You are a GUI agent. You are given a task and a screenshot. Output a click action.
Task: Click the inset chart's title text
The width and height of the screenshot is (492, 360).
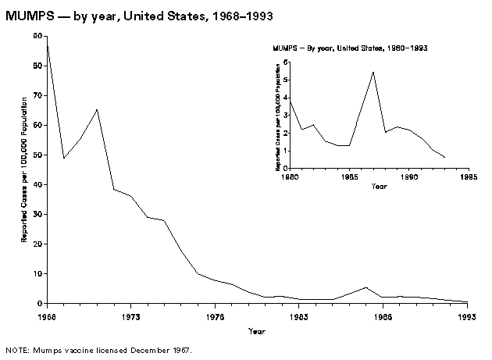(x=349, y=48)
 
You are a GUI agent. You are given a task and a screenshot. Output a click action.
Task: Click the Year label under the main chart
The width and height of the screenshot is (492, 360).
(x=257, y=331)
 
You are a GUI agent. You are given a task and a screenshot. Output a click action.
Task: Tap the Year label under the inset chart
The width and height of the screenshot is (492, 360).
(x=379, y=187)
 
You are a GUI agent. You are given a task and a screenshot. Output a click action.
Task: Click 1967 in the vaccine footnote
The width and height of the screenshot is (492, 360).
(x=179, y=350)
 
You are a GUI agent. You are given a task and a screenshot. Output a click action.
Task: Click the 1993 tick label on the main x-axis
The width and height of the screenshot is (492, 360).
(x=467, y=317)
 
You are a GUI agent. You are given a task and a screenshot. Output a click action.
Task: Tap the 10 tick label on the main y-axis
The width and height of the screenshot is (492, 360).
(x=38, y=273)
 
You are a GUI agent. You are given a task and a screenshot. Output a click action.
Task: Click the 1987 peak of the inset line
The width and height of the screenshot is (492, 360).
(x=373, y=72)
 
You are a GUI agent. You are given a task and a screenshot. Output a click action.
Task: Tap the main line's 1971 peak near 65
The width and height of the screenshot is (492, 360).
(x=97, y=109)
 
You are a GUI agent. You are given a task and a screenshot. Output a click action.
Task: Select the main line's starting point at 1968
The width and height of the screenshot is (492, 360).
(x=47, y=45)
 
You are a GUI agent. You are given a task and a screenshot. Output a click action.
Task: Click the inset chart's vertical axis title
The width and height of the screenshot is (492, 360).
(x=278, y=118)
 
